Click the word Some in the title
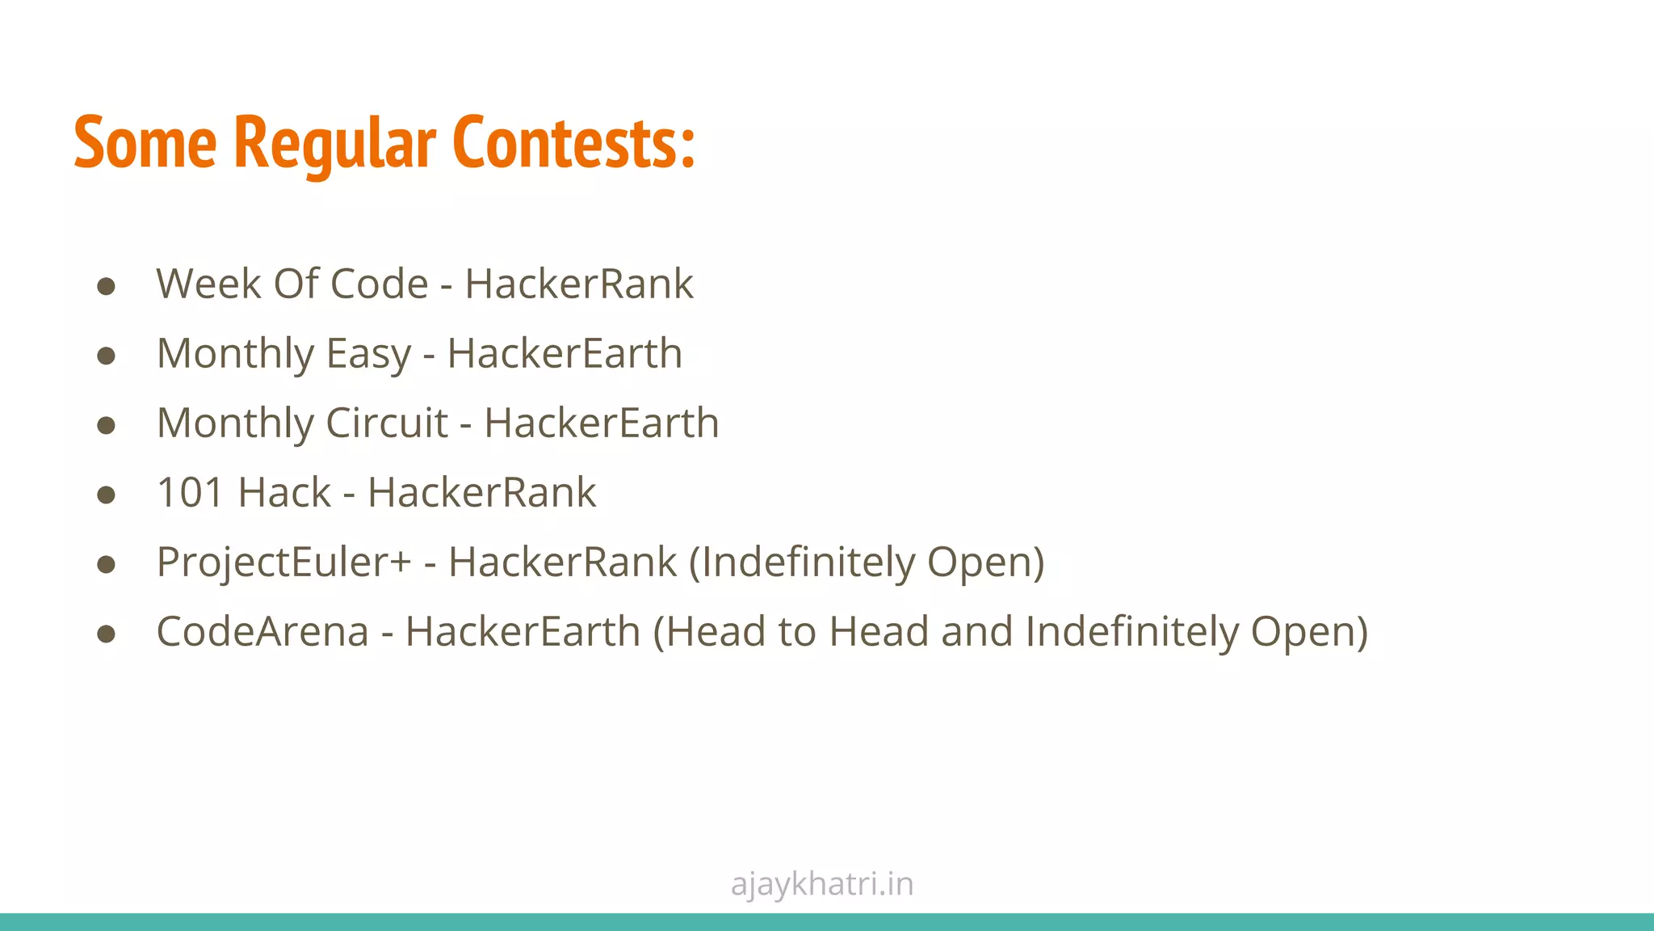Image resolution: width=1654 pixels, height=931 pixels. coord(145,144)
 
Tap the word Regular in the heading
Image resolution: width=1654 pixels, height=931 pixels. coord(334,144)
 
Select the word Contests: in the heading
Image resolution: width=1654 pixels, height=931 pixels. coord(573,144)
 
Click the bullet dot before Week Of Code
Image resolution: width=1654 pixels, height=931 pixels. coord(106,286)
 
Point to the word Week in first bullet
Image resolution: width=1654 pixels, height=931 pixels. coord(208,284)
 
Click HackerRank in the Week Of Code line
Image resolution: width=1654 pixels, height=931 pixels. coord(578,284)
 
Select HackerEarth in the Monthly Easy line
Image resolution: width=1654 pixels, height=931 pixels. coord(565,354)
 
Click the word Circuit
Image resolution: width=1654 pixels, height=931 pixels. coord(386,423)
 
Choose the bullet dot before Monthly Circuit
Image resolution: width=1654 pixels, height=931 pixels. coord(106,425)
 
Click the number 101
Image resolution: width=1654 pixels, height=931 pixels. coord(189,493)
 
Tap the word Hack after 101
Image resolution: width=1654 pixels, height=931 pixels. coord(284,493)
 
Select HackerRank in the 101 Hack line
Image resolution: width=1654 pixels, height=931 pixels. coord(481,493)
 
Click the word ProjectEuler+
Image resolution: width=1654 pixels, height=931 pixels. coord(283,563)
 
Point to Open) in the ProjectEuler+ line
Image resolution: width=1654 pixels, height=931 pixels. coord(985,563)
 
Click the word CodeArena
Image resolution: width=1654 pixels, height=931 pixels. coord(262,632)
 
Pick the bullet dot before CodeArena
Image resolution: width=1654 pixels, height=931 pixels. coord(106,634)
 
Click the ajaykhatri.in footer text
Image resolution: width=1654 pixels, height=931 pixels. coord(822,884)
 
